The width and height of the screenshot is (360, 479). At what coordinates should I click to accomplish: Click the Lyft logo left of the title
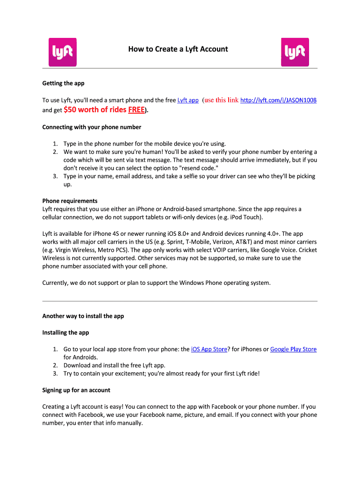pos(63,51)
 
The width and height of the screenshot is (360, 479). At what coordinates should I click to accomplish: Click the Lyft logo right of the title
pos(295,51)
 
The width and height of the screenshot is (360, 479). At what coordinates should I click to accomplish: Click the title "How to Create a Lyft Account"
pos(178,49)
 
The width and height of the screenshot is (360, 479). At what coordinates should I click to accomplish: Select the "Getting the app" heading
pos(63,83)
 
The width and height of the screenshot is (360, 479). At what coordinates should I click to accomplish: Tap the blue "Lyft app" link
pos(188,100)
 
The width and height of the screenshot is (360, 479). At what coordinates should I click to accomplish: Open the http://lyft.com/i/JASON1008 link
pos(278,100)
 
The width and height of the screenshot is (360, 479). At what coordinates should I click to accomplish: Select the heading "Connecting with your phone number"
pos(92,127)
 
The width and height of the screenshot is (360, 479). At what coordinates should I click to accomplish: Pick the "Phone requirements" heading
pos(70,201)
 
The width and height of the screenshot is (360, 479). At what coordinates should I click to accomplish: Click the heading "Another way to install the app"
pos(83,316)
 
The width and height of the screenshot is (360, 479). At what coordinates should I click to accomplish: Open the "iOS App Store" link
pos(209,349)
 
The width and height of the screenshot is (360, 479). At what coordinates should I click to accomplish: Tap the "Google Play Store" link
pos(293,349)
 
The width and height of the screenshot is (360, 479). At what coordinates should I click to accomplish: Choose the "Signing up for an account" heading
pos(76,390)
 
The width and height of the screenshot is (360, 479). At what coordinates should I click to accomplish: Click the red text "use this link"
pos(221,100)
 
